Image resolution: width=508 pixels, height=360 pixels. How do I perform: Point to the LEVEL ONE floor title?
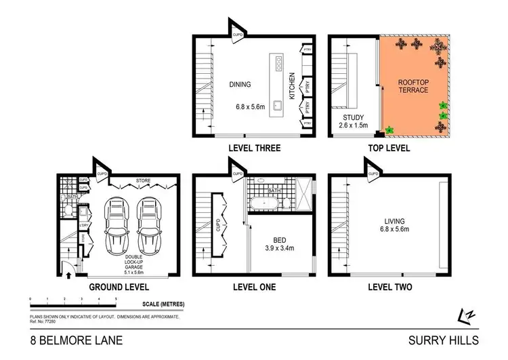click(x=253, y=287)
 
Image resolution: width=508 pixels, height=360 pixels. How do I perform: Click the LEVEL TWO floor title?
click(x=390, y=287)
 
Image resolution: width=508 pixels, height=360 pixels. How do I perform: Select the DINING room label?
click(x=240, y=85)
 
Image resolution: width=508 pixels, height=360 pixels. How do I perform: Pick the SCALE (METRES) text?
click(x=163, y=304)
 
